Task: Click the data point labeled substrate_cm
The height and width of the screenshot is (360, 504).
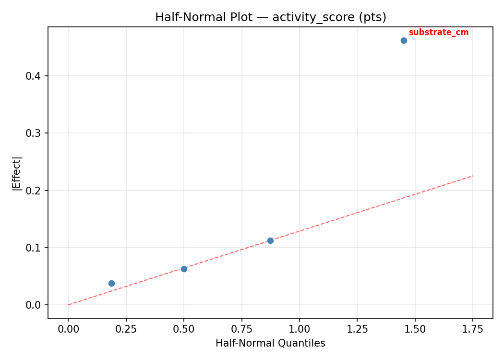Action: coord(404,40)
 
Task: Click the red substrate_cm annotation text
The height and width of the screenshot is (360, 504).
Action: coord(438,33)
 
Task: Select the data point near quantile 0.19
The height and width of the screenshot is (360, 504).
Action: coord(111,283)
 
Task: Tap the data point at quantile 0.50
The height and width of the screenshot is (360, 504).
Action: coord(184,269)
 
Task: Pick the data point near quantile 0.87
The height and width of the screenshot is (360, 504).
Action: coord(270,240)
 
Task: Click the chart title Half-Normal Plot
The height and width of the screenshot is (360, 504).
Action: coord(270,17)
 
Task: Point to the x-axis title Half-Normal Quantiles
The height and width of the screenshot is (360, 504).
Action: coord(270,343)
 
